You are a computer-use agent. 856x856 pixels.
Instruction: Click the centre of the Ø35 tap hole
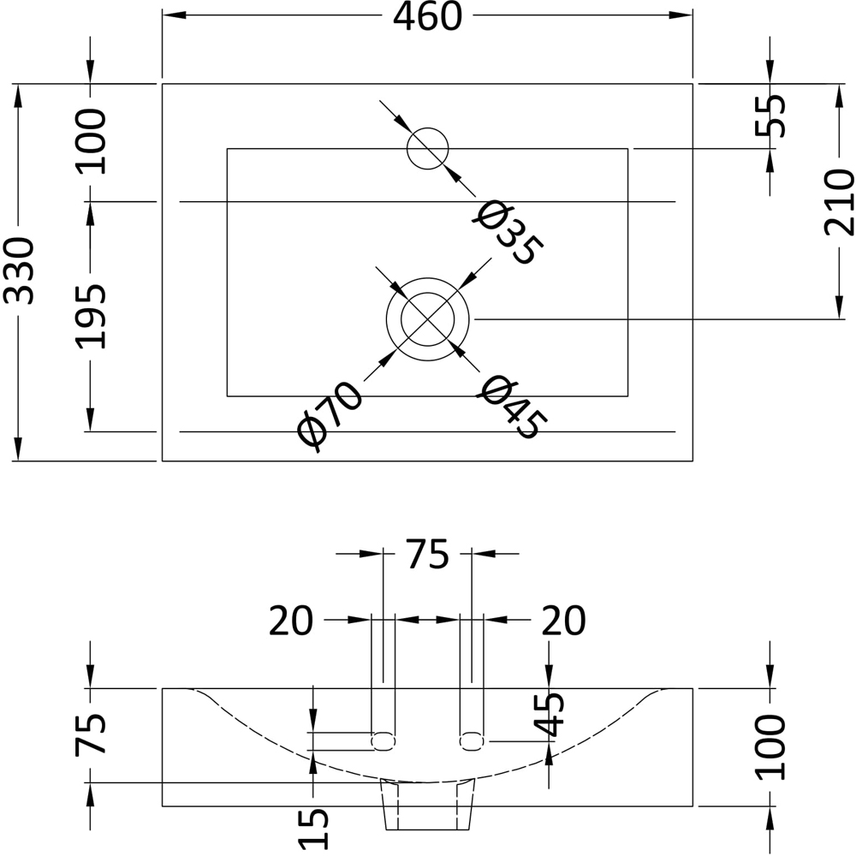pyautogui.click(x=427, y=148)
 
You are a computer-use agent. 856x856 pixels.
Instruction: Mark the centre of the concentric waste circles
pyautogui.click(x=427, y=318)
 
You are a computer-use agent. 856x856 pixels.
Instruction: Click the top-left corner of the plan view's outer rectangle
pyautogui.click(x=163, y=84)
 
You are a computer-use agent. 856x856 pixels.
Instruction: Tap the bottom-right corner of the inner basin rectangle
pyautogui.click(x=627, y=395)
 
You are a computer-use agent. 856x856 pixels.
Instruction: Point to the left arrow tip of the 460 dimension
pyautogui.click(x=163, y=15)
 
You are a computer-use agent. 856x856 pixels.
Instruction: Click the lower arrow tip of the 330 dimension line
pyautogui.click(x=18, y=461)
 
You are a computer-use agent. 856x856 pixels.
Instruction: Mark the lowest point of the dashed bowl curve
pyautogui.click(x=427, y=782)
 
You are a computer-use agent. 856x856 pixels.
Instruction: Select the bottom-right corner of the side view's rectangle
pyautogui.click(x=693, y=805)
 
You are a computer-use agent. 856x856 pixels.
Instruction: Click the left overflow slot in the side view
pyautogui.click(x=383, y=741)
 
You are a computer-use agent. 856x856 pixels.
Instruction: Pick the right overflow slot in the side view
pyautogui.click(x=473, y=741)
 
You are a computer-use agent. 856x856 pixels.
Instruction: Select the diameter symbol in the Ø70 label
pyautogui.click(x=312, y=432)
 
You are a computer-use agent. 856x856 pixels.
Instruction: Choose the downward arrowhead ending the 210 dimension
pyautogui.click(x=840, y=306)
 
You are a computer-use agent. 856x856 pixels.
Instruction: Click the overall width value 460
pyautogui.click(x=427, y=16)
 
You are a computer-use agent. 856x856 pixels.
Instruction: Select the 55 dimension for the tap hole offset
pyautogui.click(x=770, y=116)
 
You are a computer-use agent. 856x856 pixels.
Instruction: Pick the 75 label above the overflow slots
pyautogui.click(x=427, y=554)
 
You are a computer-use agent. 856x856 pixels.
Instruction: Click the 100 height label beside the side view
pyautogui.click(x=770, y=746)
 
